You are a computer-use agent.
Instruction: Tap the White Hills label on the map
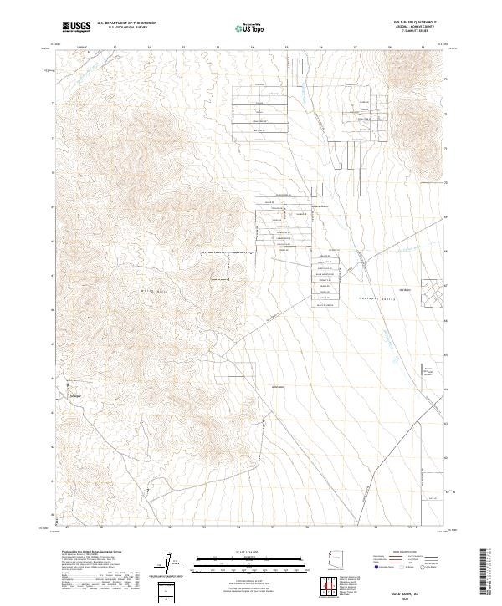tap(147, 289)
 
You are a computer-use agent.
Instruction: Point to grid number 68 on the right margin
tap(445, 251)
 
